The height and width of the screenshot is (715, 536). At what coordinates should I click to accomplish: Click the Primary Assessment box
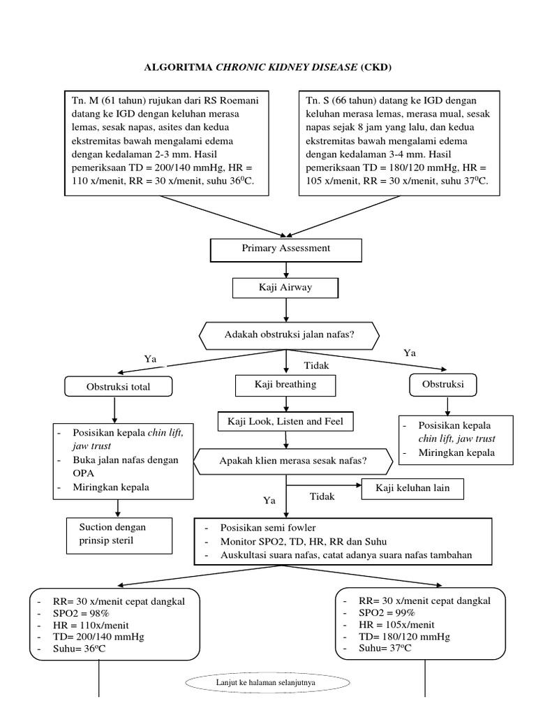coord(285,249)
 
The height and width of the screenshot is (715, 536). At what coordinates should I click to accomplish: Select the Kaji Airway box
coord(285,288)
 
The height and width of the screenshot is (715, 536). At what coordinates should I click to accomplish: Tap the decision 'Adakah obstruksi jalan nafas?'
coord(289,335)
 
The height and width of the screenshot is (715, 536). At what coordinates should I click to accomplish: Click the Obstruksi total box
coord(118,386)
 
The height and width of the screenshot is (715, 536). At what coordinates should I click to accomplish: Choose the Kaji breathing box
coord(285,384)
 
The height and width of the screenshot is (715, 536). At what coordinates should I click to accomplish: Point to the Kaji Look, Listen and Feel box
coord(285,422)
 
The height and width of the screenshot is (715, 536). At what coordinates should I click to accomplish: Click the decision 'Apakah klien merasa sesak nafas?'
coord(292,461)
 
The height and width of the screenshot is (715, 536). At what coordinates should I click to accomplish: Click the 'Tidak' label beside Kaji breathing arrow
coord(316,366)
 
